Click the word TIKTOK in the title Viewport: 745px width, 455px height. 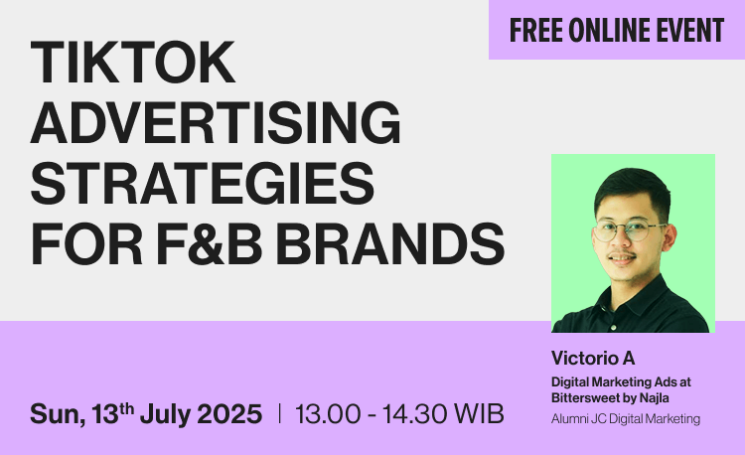132,62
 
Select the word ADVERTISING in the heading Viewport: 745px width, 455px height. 216,122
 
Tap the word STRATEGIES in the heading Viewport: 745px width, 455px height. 203,183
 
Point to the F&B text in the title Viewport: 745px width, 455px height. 209,243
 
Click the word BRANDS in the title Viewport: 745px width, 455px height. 390,243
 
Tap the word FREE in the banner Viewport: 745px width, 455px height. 535,30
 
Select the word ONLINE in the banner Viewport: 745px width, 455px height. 609,30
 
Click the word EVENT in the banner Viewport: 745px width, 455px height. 690,30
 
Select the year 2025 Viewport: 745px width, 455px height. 229,413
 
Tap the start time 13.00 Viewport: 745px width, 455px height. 328,413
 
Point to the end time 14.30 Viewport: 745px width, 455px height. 414,413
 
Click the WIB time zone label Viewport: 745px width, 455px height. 479,413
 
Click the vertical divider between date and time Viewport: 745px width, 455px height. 279,413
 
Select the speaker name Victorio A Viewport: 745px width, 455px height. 593,358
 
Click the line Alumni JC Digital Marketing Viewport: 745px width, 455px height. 625,419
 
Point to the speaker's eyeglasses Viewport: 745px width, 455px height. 628,230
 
